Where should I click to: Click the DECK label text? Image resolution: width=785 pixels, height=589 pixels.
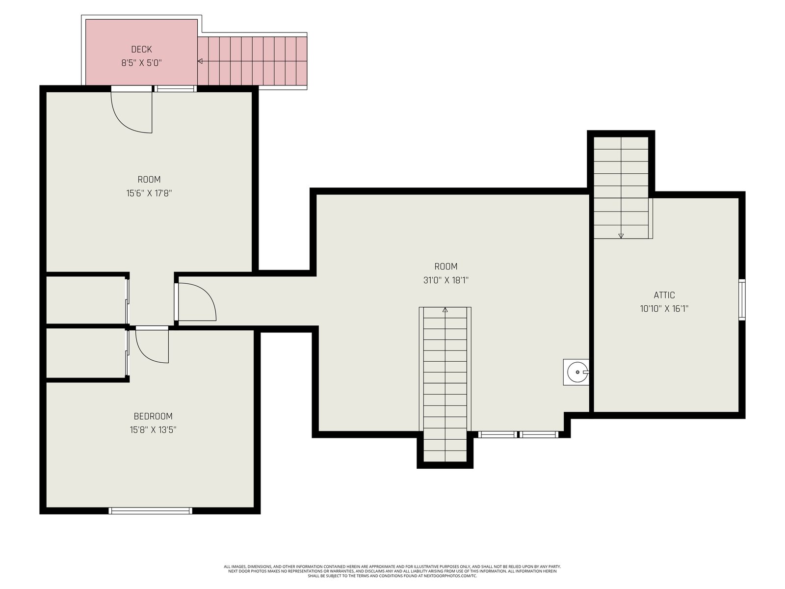(141, 50)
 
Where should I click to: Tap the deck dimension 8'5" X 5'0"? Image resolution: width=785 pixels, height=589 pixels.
(141, 63)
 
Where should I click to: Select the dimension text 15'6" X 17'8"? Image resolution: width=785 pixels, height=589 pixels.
(149, 193)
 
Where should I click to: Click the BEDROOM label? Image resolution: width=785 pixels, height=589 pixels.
(153, 416)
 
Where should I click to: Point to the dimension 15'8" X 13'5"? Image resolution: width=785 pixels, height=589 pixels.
(153, 430)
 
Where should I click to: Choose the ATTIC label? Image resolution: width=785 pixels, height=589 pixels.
(664, 295)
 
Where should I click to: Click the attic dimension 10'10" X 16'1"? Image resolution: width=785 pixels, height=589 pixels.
(664, 309)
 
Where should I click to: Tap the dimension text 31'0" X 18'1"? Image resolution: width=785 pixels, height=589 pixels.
(445, 280)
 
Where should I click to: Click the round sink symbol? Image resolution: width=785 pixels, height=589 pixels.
(577, 372)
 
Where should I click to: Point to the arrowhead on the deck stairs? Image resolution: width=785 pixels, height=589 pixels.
(200, 61)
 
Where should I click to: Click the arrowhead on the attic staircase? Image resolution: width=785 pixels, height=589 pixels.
(621, 236)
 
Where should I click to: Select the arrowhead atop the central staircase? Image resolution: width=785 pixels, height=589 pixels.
(445, 310)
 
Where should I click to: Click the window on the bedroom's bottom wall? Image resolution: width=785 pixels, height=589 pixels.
(150, 510)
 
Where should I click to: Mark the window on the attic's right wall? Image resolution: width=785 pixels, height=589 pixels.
(742, 300)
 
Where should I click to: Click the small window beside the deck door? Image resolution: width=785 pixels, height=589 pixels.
(175, 89)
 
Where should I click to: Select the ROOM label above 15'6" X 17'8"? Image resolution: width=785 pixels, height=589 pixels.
(149, 180)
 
